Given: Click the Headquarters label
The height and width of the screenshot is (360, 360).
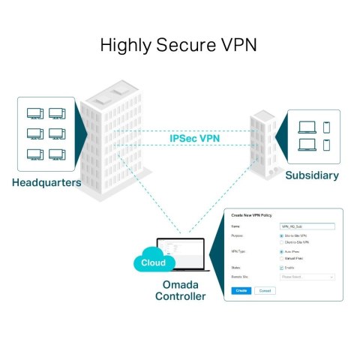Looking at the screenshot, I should pos(46,182).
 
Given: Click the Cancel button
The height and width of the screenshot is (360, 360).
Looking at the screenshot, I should pos(265,290).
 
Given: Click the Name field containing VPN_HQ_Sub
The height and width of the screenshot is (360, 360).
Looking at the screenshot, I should pos(307,225).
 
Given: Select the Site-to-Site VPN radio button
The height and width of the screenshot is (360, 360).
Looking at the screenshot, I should pos(281,235).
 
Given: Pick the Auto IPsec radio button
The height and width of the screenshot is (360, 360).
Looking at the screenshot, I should pos(281,252).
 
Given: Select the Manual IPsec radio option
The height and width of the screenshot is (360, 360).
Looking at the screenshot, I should pos(281,259).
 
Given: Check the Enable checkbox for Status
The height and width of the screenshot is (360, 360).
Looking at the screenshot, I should pos(281,268).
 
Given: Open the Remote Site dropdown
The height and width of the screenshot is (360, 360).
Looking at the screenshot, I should pos(307,277).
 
